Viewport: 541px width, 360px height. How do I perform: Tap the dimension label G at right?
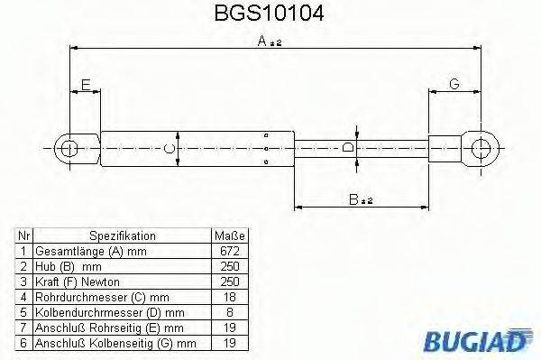tap(454, 84)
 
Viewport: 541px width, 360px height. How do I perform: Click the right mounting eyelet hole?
tap(484, 146)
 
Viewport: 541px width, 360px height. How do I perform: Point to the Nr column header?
tap(25, 235)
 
